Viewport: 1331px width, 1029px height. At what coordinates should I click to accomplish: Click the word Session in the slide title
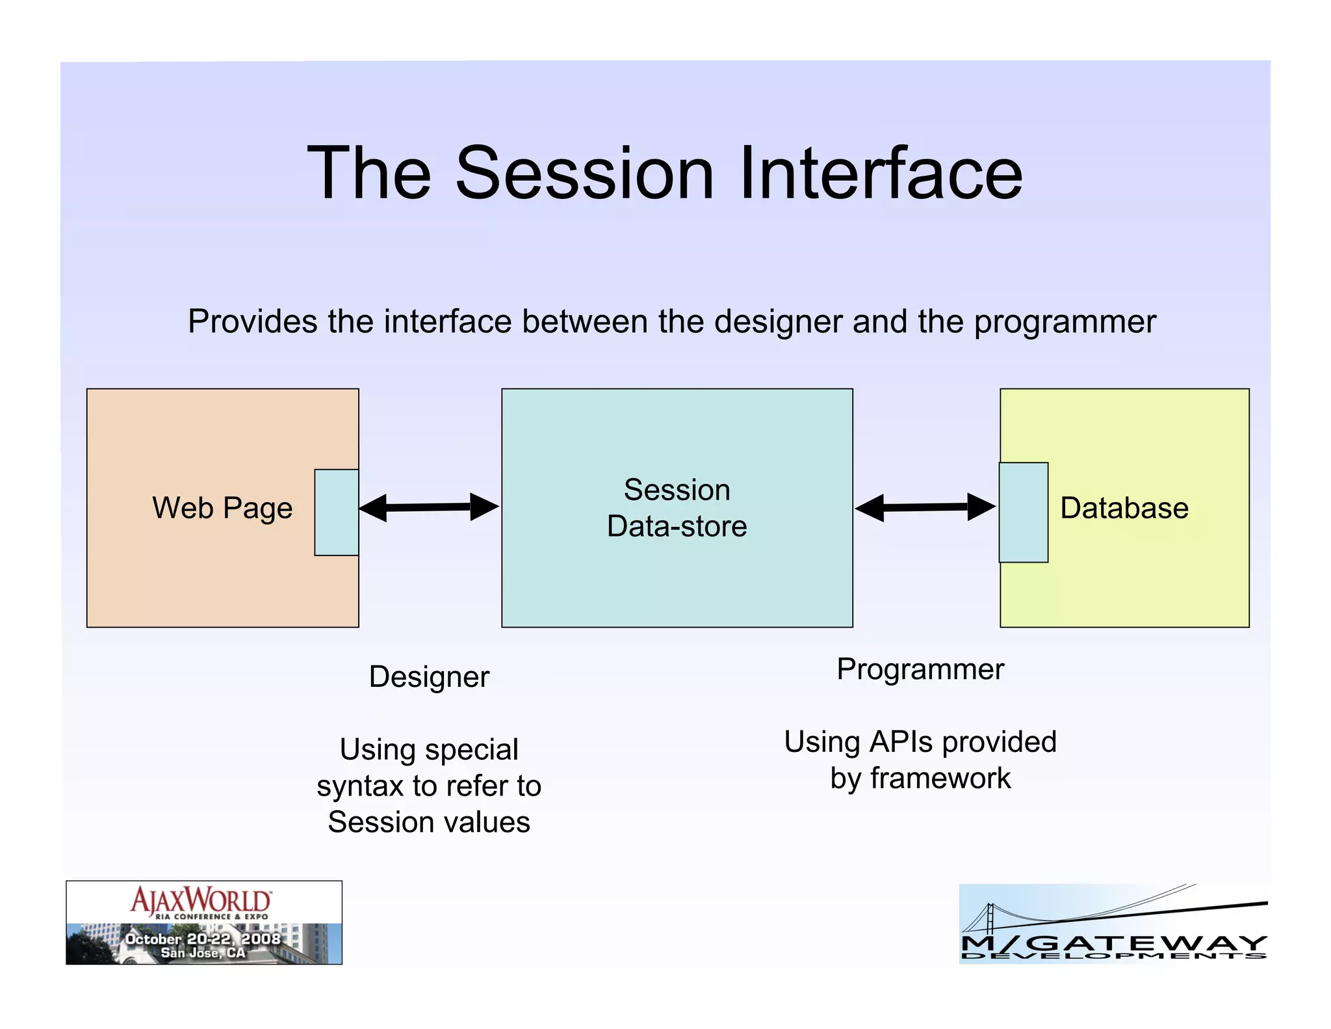(x=584, y=174)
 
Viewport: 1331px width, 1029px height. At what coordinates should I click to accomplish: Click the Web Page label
(x=222, y=508)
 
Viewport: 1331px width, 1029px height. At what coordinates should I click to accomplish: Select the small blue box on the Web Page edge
(x=337, y=513)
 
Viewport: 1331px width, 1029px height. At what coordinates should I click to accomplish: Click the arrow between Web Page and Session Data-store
(x=429, y=507)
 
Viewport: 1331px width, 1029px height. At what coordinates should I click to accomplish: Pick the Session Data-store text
(x=677, y=508)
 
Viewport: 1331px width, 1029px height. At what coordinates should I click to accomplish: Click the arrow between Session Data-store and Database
(x=925, y=507)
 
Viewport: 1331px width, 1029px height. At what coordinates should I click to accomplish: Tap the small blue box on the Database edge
(x=1023, y=513)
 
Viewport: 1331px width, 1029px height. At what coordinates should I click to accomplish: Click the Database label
(x=1124, y=508)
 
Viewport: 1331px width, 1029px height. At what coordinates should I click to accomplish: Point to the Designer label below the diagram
(x=429, y=677)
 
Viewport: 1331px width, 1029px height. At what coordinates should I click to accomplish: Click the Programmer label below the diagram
(x=920, y=669)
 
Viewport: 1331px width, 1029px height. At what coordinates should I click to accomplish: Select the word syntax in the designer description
(x=356, y=786)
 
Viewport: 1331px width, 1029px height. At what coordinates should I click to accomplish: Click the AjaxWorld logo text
(x=201, y=900)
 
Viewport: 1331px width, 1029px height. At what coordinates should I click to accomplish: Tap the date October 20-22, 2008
(x=203, y=939)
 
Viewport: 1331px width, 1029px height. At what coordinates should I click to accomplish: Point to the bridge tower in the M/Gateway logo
(x=990, y=918)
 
